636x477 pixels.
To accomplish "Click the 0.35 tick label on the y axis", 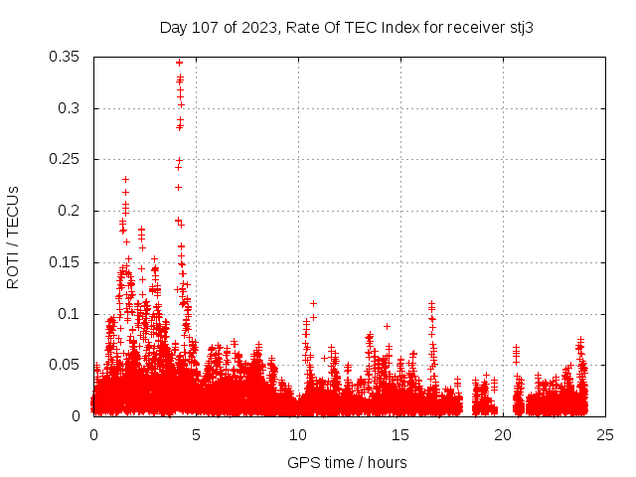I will point(65,57).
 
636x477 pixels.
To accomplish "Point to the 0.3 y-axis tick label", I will point(72,108).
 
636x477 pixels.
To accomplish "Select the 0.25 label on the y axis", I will point(65,159).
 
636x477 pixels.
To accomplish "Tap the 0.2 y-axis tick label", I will point(72,211).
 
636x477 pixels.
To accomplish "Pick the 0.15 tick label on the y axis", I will point(65,262).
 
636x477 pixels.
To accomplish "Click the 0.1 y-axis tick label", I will point(72,314).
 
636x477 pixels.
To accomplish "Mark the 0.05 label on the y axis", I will point(65,365).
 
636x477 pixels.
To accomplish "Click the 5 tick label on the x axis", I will point(196,434).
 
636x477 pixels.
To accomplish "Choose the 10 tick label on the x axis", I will point(298,434).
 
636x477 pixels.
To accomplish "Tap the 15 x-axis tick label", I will point(400,434).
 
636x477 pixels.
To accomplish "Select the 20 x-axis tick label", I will point(503,434).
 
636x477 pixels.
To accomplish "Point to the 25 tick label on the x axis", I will point(605,434).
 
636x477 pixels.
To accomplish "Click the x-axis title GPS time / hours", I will point(347,462).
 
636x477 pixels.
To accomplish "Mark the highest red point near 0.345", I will point(180,63).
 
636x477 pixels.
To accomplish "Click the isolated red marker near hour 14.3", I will point(387,326).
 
